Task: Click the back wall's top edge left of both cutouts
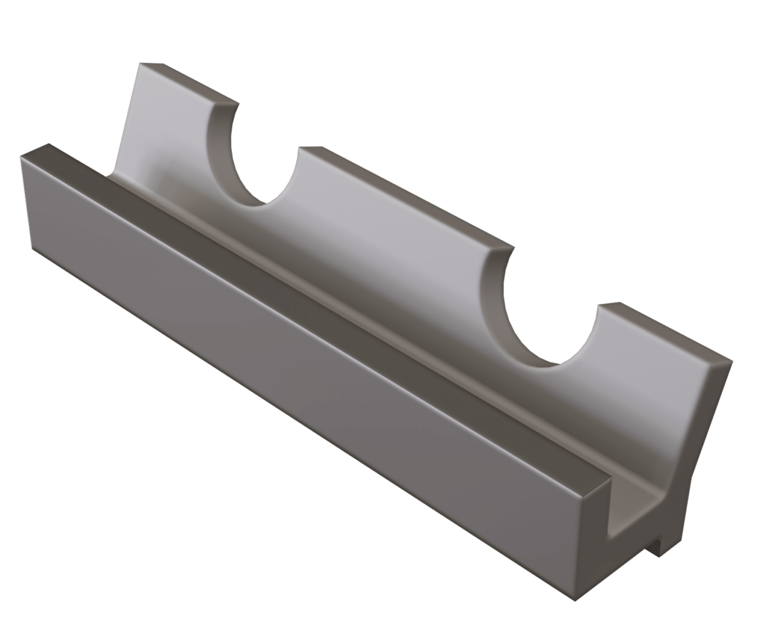tap(188, 83)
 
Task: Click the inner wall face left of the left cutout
tap(163, 132)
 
